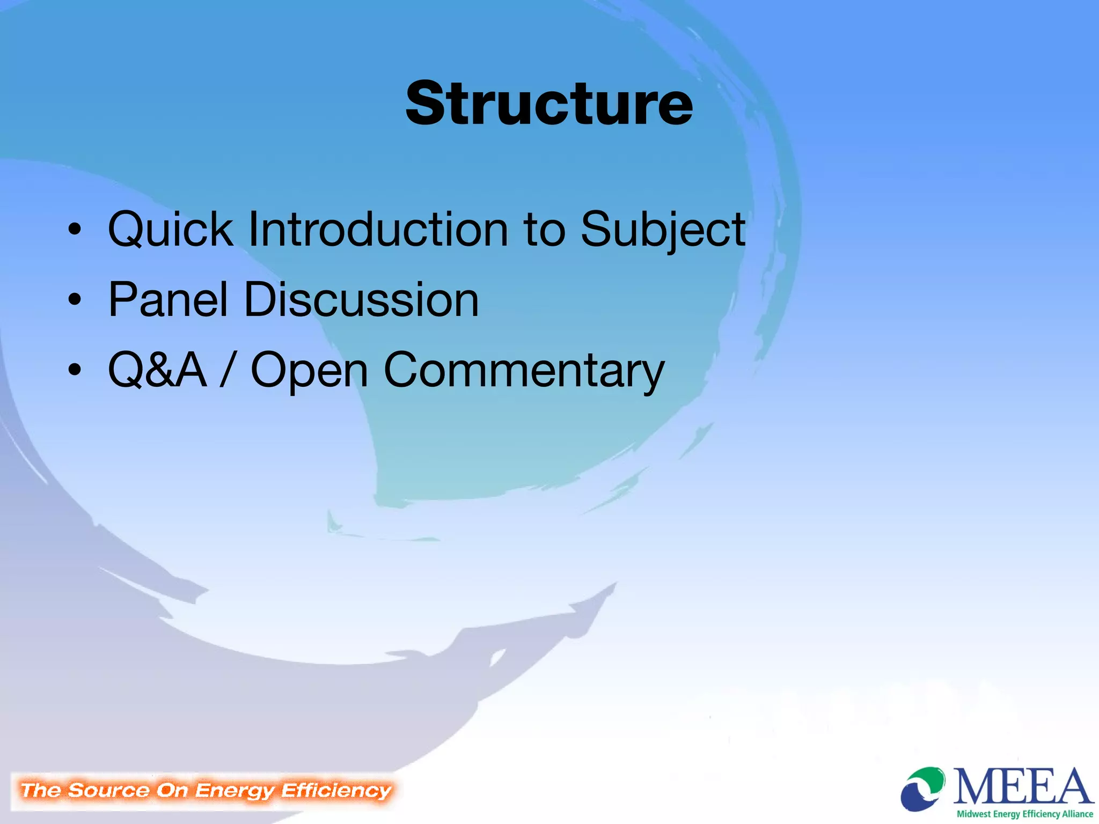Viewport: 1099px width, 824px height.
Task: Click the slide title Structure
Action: pos(549,103)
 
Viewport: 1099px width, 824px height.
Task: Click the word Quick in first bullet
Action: pos(170,230)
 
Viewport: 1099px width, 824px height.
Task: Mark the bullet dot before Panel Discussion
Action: pos(75,300)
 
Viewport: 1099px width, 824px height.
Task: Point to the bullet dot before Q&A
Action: pos(75,370)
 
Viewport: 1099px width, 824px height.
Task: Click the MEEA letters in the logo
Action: pos(1023,786)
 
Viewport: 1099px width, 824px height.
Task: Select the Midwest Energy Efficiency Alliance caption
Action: pos(1024,814)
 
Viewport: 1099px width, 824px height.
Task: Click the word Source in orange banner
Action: pos(108,790)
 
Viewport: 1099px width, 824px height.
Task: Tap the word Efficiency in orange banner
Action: pos(336,790)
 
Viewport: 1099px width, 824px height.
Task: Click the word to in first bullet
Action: pos(544,230)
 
